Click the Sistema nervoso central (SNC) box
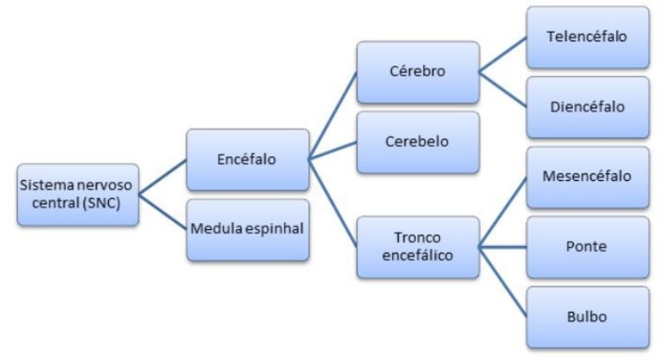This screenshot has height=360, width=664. point(78,194)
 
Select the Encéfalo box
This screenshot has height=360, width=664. point(247,159)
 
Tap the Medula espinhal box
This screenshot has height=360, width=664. point(247,229)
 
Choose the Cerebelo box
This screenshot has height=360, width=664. point(417,140)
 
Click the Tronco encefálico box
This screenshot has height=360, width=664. point(417,247)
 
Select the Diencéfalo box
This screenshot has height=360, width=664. point(588,107)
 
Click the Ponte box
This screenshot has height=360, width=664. point(588,247)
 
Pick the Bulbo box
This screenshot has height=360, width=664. point(588,318)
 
